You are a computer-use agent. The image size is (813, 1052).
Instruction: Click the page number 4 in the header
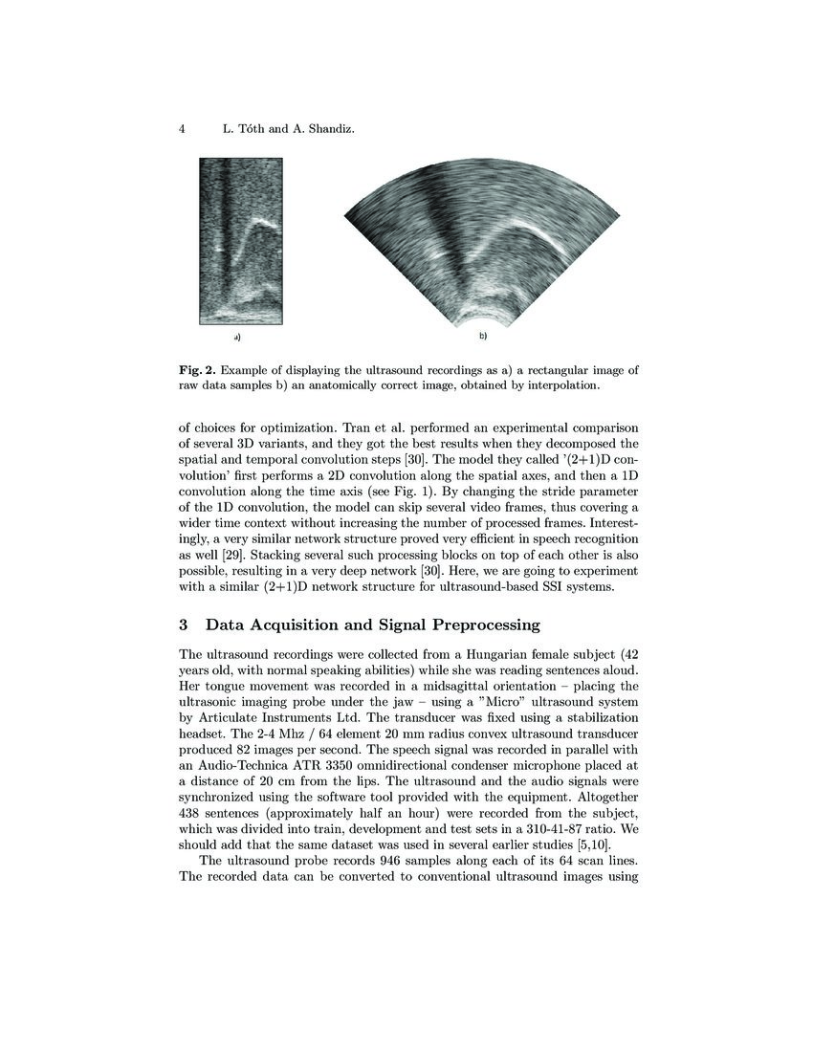pyautogui.click(x=182, y=128)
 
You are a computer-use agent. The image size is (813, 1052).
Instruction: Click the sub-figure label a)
pyautogui.click(x=236, y=338)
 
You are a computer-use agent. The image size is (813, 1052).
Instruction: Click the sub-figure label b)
pyautogui.click(x=483, y=337)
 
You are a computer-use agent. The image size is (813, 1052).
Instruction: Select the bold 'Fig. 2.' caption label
pyautogui.click(x=197, y=369)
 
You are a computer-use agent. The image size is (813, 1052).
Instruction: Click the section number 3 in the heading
pyautogui.click(x=184, y=625)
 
